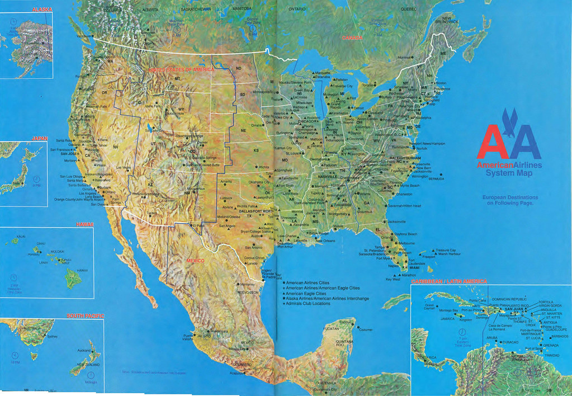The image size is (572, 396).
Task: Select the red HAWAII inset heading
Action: (85, 224)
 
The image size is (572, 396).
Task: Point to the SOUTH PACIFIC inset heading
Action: (86, 316)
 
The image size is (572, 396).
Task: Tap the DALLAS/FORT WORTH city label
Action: (257, 211)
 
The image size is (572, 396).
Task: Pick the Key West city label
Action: (394, 279)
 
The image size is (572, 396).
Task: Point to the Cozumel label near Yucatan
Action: (365, 329)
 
